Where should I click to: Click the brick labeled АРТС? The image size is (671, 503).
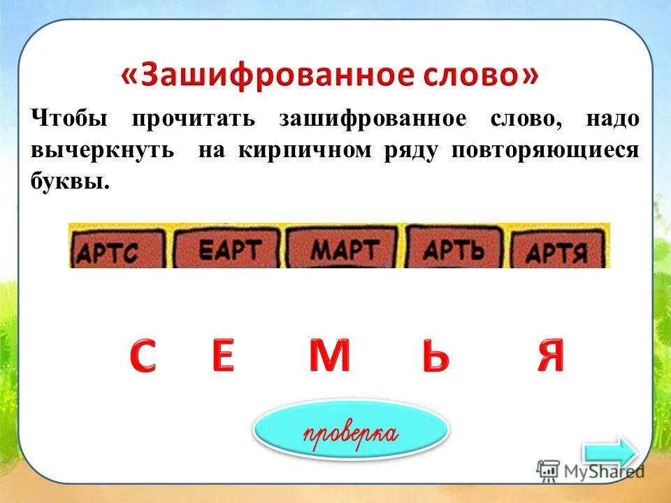(117, 250)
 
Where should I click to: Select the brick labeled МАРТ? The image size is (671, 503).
(345, 248)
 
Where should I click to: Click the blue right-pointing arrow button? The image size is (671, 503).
(609, 452)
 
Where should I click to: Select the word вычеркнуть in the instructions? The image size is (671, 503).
(102, 152)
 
